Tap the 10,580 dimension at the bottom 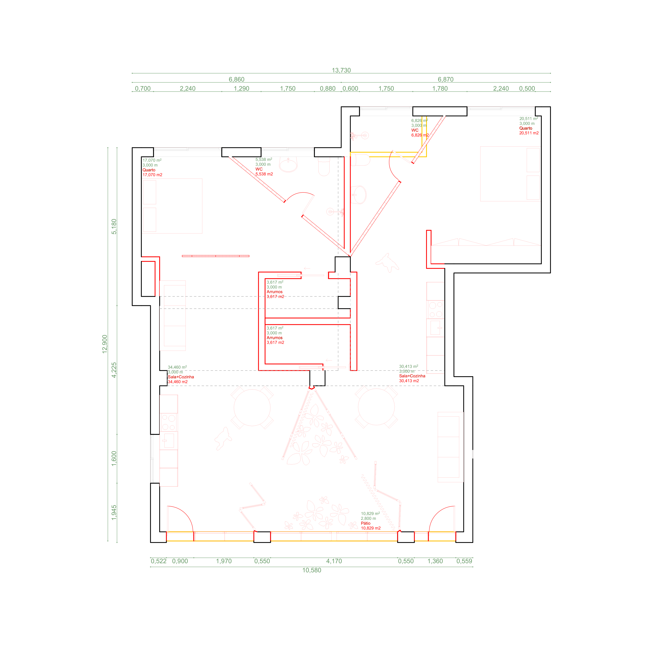click(x=312, y=570)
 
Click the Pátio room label click(x=366, y=523)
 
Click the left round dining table click(x=252, y=407)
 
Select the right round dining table click(x=376, y=407)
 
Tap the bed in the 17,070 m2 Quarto click(x=172, y=206)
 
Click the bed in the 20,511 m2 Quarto click(x=510, y=174)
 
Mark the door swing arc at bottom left click(x=185, y=514)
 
